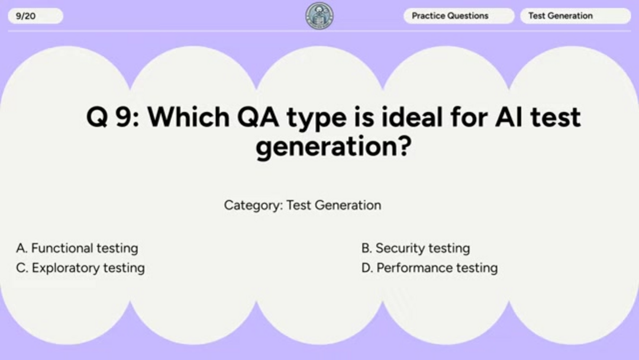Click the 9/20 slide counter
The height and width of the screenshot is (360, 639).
[35, 16]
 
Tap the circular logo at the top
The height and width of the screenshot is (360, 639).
[319, 16]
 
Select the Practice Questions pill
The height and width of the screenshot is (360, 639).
[459, 16]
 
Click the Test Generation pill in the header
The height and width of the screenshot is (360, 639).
[576, 16]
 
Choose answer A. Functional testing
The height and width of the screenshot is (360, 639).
[77, 248]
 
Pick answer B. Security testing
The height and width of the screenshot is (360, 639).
[416, 248]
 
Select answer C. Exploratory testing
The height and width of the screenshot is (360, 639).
[80, 268]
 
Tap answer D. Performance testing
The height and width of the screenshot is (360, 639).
[430, 268]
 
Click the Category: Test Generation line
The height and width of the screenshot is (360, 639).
[302, 205]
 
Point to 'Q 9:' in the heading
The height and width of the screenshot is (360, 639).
[113, 117]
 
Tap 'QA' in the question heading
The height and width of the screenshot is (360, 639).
[258, 117]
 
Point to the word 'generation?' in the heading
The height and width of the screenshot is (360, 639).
[334, 147]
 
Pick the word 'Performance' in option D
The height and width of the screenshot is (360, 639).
[414, 268]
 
